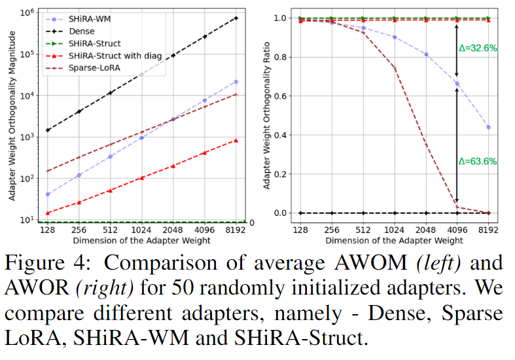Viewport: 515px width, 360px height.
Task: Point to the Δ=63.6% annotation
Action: coord(480,161)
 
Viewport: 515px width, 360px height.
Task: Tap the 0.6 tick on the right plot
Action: coord(280,96)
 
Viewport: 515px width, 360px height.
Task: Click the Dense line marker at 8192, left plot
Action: coord(236,18)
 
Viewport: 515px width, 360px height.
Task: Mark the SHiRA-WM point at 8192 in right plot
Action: coord(488,127)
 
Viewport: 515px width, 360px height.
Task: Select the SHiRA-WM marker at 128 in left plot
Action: coord(48,194)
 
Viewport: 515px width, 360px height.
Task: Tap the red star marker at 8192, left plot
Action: coord(236,140)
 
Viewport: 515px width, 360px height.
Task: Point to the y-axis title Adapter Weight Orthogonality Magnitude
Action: coord(12,117)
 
